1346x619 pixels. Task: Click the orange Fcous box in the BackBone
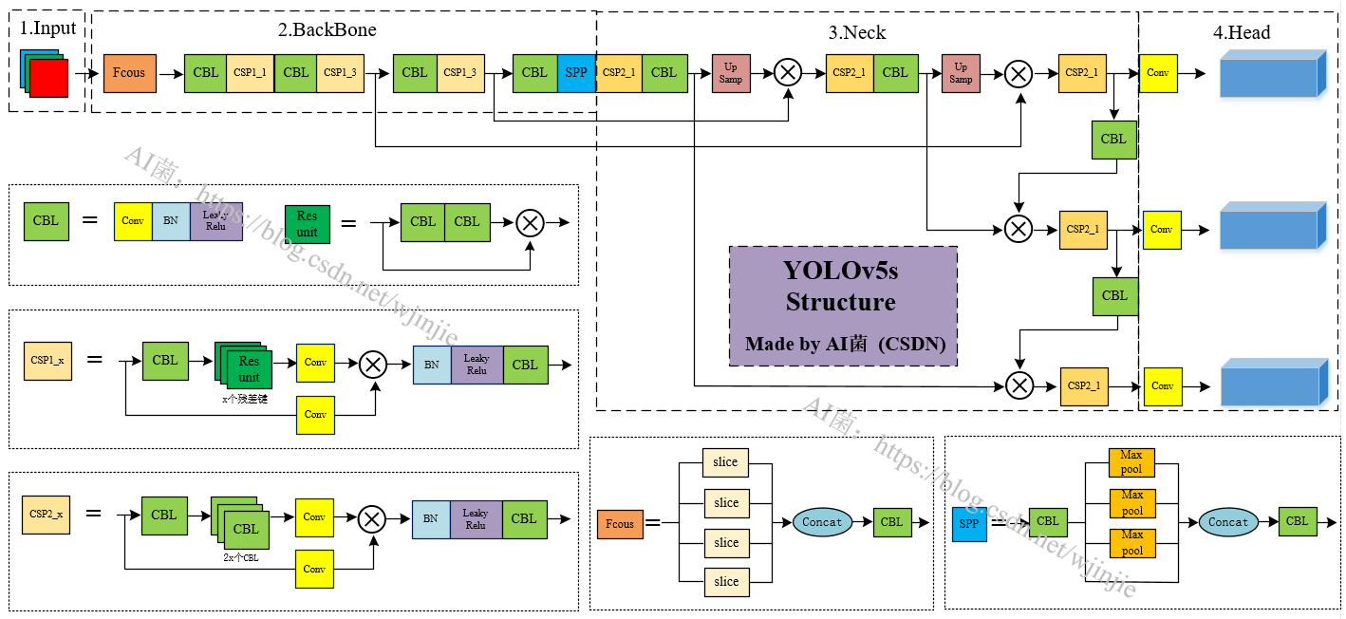coord(129,73)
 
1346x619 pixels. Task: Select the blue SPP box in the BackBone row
coord(576,73)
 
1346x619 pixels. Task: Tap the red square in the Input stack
coord(48,78)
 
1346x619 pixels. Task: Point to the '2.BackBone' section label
coord(327,30)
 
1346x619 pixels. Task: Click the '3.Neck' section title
coord(856,33)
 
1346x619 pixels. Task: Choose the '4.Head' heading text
coord(1241,33)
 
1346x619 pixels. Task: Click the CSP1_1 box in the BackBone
coord(250,73)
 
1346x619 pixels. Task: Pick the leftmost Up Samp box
coord(731,73)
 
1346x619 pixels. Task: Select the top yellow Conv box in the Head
coord(1157,73)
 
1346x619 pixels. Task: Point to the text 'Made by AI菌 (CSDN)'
coord(845,344)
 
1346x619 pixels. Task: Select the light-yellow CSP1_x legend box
coord(47,361)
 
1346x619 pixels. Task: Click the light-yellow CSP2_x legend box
coord(47,515)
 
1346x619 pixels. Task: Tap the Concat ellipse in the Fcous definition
coord(821,522)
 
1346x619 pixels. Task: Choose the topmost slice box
coord(725,462)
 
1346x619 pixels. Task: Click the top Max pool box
coord(1131,462)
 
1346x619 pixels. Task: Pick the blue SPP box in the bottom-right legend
coord(969,524)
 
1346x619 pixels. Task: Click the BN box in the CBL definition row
coord(171,221)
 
